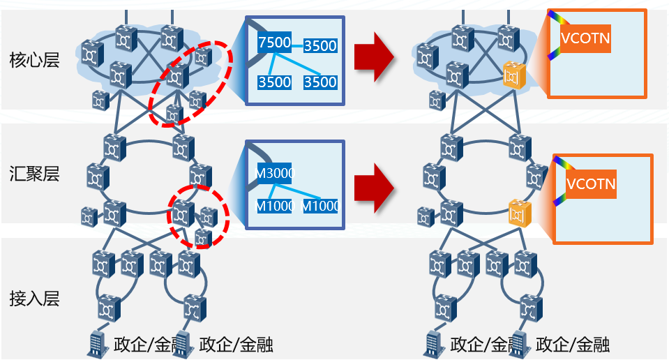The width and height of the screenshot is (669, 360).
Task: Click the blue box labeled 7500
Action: pyautogui.click(x=274, y=43)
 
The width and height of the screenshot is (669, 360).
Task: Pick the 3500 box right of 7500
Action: pyautogui.click(x=321, y=46)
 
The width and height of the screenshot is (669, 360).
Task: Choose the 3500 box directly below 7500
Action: pyautogui.click(x=274, y=82)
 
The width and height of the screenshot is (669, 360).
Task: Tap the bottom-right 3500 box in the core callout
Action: pyautogui.click(x=321, y=82)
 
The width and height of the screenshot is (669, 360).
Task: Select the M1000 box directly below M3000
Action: pyautogui.click(x=273, y=206)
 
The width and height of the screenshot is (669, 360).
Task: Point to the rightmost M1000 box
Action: pyautogui.click(x=320, y=206)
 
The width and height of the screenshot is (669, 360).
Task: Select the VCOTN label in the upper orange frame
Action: pyautogui.click(x=585, y=38)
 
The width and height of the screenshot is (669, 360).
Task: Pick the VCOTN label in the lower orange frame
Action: pyautogui.click(x=590, y=185)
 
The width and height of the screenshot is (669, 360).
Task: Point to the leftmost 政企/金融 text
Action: pyautogui.click(x=142, y=344)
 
